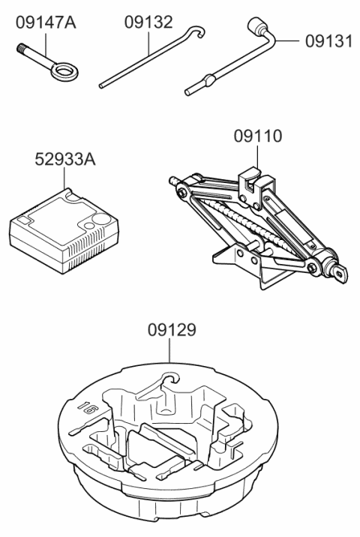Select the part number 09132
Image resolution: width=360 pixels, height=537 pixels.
(148, 22)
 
